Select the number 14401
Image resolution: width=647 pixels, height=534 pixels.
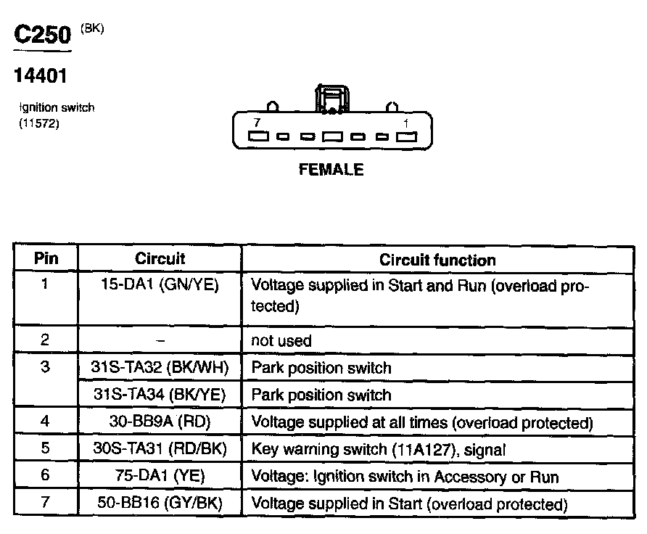pos(41,75)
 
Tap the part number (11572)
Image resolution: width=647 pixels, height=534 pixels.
pos(38,123)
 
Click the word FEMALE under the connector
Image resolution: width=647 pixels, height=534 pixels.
pos(331,171)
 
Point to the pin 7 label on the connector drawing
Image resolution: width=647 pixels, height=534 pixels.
pos(257,123)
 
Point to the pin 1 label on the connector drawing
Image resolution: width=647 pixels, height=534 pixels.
pos(405,123)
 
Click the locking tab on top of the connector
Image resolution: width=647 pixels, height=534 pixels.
pos(331,99)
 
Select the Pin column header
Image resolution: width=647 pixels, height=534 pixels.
pos(46,258)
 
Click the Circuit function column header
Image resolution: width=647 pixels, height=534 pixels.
pos(437,260)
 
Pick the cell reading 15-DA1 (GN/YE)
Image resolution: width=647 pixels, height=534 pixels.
pos(160,284)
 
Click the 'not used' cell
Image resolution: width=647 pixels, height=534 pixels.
pos(281,340)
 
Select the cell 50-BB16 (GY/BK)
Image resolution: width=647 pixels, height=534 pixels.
pos(160,504)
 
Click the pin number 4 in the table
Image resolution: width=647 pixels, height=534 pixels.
pos(46,422)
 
